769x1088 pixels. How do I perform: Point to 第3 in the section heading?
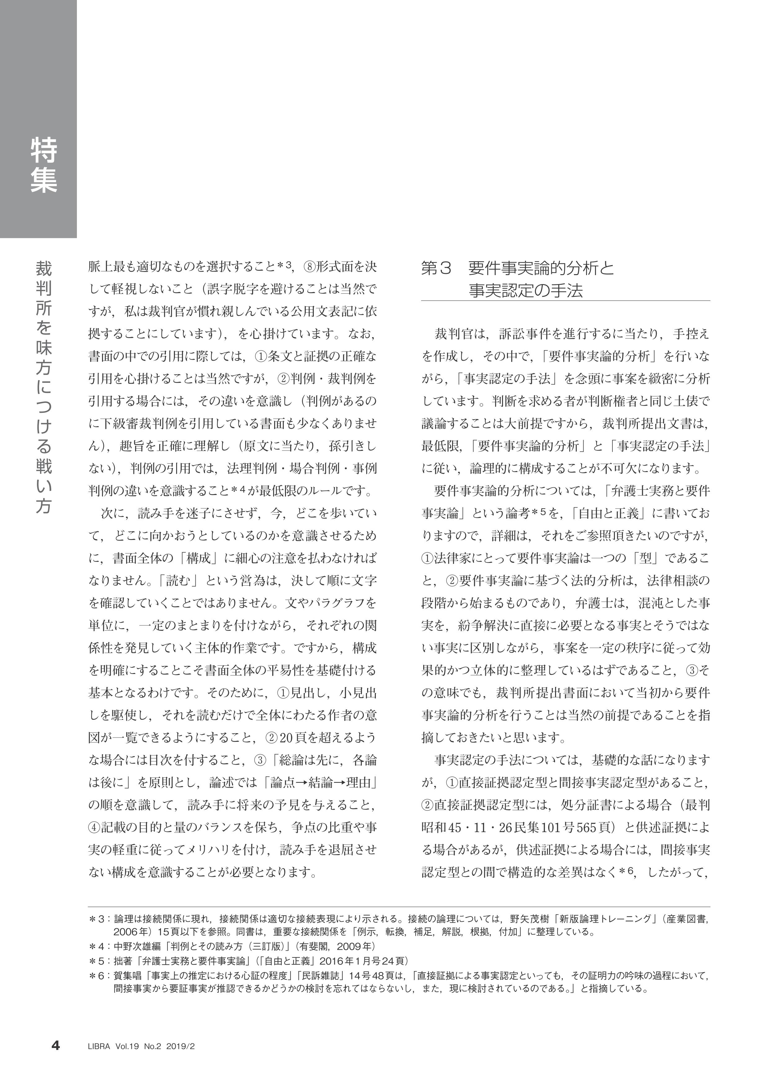coord(435,269)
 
